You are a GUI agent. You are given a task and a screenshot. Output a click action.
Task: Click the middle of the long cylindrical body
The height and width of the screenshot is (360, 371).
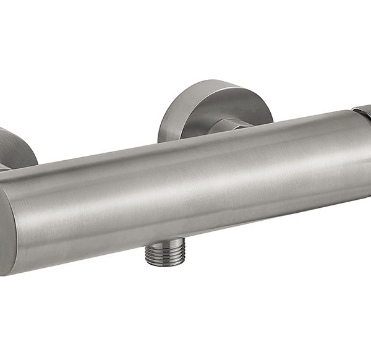click(x=185, y=186)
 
